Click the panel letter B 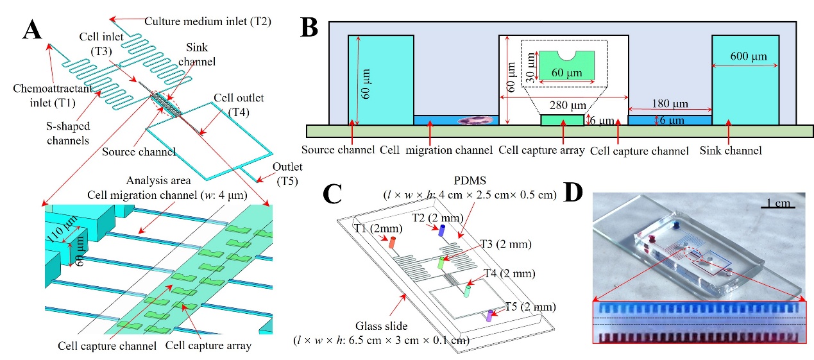(x=313, y=28)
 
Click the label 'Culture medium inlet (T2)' (x=208, y=21)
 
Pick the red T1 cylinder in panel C (x=392, y=243)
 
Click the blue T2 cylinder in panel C (x=441, y=230)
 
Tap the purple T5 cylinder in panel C (x=489, y=315)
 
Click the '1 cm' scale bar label (x=781, y=203)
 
